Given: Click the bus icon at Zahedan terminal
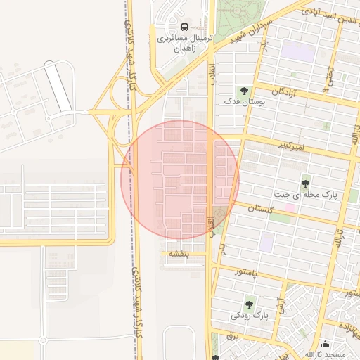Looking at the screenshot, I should pos(184,27).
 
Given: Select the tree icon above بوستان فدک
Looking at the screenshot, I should pos(243,91).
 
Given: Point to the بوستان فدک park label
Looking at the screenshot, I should pos(238,103).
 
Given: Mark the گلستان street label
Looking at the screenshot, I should pos(260,209).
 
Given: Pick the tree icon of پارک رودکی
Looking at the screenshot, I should pos(248,304).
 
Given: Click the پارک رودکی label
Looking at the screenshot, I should pos(250,316).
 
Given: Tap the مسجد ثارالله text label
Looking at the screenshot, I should pos(323,354).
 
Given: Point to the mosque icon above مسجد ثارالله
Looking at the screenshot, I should pos(325,344).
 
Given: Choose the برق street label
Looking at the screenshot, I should pos(236,337).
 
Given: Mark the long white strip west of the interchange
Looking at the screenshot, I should pos(58,87).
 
